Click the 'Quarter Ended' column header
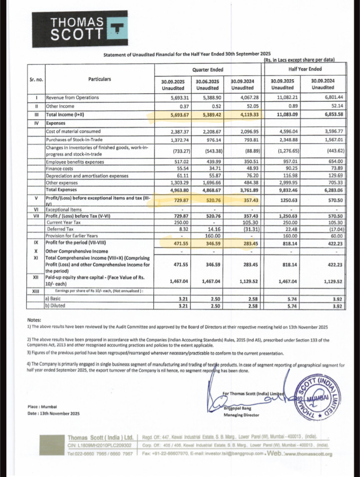(207, 70)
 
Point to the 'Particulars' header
(100, 79)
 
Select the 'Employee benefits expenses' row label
(75, 162)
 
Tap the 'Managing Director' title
(241, 415)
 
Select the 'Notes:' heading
(34, 320)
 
